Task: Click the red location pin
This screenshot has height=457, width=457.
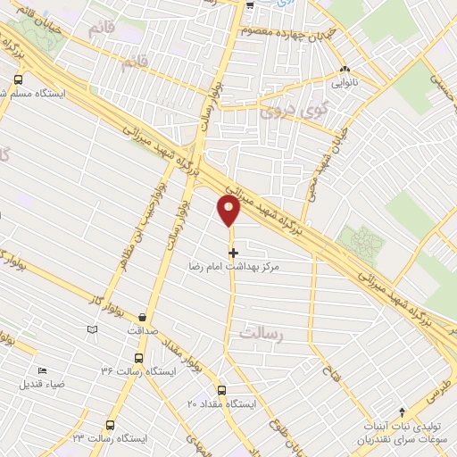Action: (229, 211)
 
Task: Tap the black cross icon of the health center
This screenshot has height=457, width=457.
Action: (234, 253)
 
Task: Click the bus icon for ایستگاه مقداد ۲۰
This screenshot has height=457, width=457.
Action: (222, 390)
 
